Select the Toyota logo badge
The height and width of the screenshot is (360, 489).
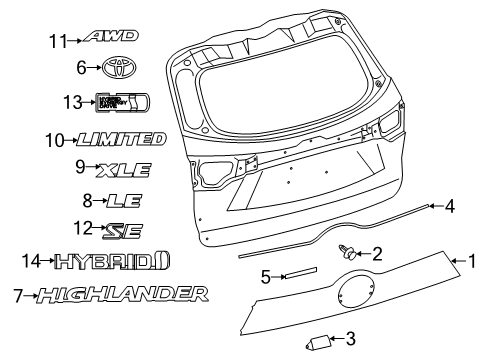pos(115,68)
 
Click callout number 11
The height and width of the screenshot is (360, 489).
pos(58,40)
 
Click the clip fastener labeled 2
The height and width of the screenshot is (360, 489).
pos(348,254)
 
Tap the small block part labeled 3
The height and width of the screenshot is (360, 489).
pos(322,342)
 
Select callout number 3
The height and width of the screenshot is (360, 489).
pos(350,340)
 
